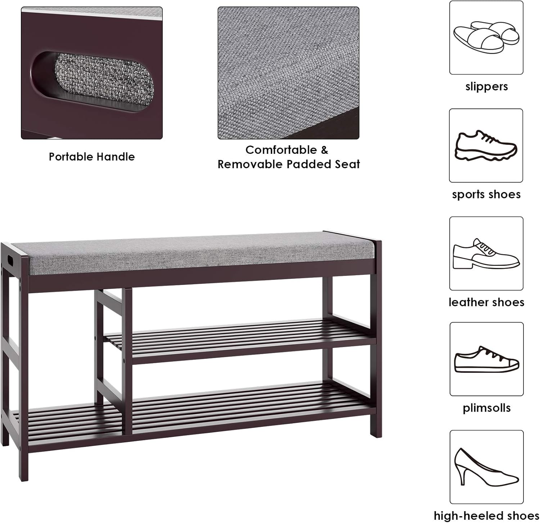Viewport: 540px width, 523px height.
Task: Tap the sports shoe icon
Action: point(486,146)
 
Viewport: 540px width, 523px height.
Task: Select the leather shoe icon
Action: point(486,254)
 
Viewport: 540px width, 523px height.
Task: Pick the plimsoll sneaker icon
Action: point(486,359)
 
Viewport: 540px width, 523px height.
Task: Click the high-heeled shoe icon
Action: point(486,466)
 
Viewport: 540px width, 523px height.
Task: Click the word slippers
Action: point(486,86)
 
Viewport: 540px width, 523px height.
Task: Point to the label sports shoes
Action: point(486,195)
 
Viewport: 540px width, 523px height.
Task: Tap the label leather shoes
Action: point(486,302)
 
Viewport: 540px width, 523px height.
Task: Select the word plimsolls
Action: point(486,408)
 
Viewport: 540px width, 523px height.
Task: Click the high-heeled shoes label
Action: point(486,516)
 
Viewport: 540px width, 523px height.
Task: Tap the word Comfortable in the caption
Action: point(282,150)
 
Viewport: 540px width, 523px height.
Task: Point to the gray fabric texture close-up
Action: point(288,73)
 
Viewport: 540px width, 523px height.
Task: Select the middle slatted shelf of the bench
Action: point(240,340)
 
